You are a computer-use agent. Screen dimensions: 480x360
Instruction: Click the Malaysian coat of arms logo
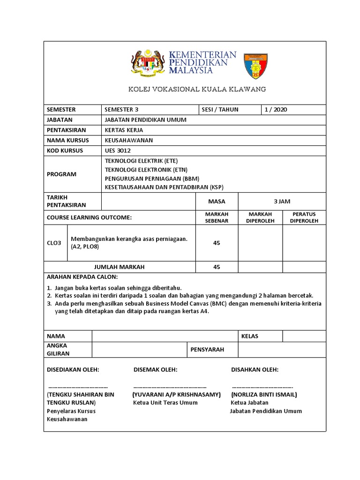click(x=147, y=64)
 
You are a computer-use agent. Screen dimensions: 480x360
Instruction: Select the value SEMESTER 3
click(x=122, y=110)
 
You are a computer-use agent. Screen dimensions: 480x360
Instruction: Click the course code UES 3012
click(x=118, y=150)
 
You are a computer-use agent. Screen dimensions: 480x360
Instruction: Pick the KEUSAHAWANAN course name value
click(x=129, y=140)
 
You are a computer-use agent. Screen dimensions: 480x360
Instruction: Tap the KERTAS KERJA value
click(x=124, y=130)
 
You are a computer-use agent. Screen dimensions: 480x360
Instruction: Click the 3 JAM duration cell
click(x=282, y=202)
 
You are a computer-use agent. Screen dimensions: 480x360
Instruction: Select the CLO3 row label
click(x=54, y=243)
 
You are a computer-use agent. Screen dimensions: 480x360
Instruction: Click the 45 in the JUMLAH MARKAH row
click(x=217, y=267)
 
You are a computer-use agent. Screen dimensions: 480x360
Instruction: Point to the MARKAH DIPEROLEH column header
click(x=260, y=217)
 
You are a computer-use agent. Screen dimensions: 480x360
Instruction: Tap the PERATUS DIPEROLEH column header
click(x=304, y=217)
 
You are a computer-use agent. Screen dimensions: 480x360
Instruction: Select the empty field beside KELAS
click(x=303, y=336)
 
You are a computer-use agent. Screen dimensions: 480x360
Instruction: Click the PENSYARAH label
click(x=208, y=350)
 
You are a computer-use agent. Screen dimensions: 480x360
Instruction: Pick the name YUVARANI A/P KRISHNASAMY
click(x=176, y=395)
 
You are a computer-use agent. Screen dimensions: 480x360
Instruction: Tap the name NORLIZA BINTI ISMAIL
click(x=264, y=395)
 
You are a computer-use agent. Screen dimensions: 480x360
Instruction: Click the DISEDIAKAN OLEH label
click(x=73, y=370)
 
